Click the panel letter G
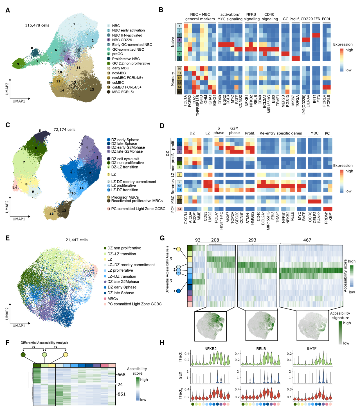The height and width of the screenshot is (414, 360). [162, 238]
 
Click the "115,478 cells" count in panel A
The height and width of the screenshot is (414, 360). [37, 25]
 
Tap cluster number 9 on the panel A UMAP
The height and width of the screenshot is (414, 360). [18, 64]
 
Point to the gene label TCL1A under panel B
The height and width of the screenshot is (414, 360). [185, 100]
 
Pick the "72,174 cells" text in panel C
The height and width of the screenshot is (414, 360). [64, 130]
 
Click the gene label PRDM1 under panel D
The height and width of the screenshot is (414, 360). [326, 218]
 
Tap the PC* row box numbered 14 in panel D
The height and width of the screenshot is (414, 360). [179, 209]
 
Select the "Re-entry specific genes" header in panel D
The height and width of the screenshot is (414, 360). [281, 133]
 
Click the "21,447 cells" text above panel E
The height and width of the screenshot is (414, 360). [76, 240]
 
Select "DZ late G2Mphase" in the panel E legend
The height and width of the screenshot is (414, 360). [123, 282]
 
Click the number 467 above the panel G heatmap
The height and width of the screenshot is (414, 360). [307, 240]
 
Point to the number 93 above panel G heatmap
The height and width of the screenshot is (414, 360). [198, 240]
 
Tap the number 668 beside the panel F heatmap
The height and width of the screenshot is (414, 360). [121, 375]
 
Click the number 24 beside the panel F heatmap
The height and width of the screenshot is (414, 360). [120, 384]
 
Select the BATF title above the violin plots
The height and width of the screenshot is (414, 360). [312, 348]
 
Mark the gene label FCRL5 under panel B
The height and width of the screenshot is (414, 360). [329, 100]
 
